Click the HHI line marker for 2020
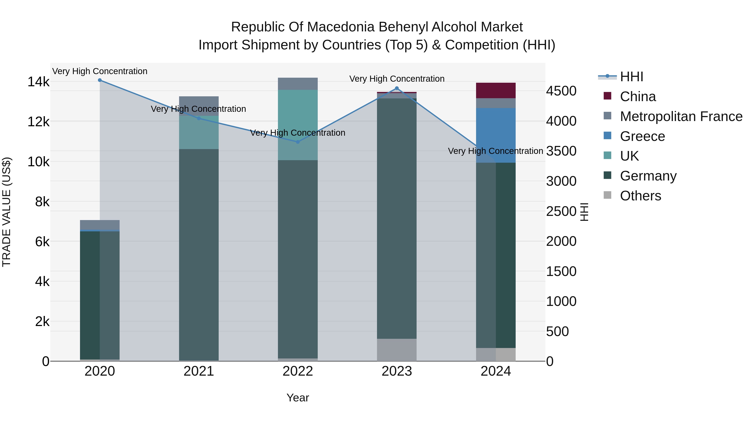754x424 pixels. point(100,80)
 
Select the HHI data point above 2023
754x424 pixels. point(397,88)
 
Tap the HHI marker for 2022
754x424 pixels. point(298,142)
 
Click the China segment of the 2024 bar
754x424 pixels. point(496,90)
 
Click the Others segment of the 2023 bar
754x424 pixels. point(397,350)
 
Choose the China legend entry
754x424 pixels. point(638,97)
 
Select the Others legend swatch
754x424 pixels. point(607,195)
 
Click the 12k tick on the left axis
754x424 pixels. point(38,122)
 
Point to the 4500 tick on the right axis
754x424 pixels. point(561,91)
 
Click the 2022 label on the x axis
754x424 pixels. point(298,371)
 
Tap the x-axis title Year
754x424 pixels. point(298,398)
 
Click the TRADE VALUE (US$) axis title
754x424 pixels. point(6,212)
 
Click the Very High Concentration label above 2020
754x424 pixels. point(100,71)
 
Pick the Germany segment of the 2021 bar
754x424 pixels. point(199,255)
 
